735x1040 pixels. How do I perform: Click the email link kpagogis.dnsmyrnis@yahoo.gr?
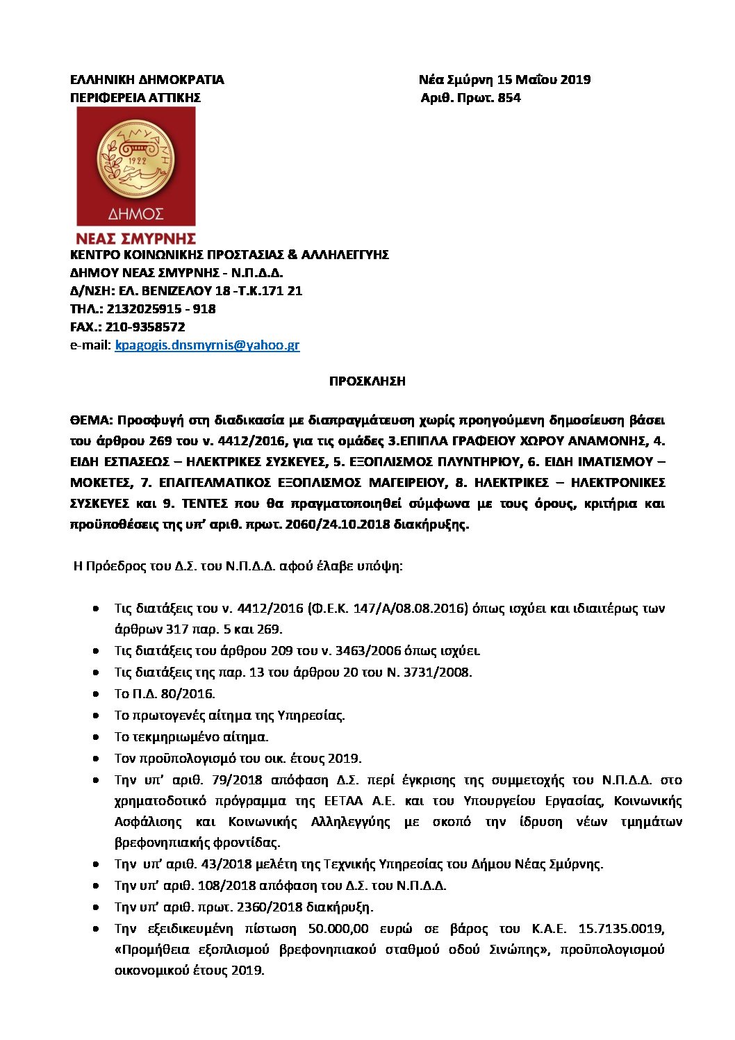coord(207,345)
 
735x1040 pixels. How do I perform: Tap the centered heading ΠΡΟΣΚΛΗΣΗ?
coord(367,381)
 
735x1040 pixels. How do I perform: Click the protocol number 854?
coord(509,98)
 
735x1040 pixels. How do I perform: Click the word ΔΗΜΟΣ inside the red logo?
coord(135,213)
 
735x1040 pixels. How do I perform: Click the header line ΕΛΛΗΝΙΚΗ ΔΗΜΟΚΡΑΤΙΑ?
coord(147,80)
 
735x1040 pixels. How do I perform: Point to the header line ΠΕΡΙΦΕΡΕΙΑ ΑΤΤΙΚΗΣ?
coord(135,98)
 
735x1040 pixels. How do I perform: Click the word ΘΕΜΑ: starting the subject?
coord(91,420)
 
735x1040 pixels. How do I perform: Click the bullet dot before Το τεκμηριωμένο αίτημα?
coord(95,737)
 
